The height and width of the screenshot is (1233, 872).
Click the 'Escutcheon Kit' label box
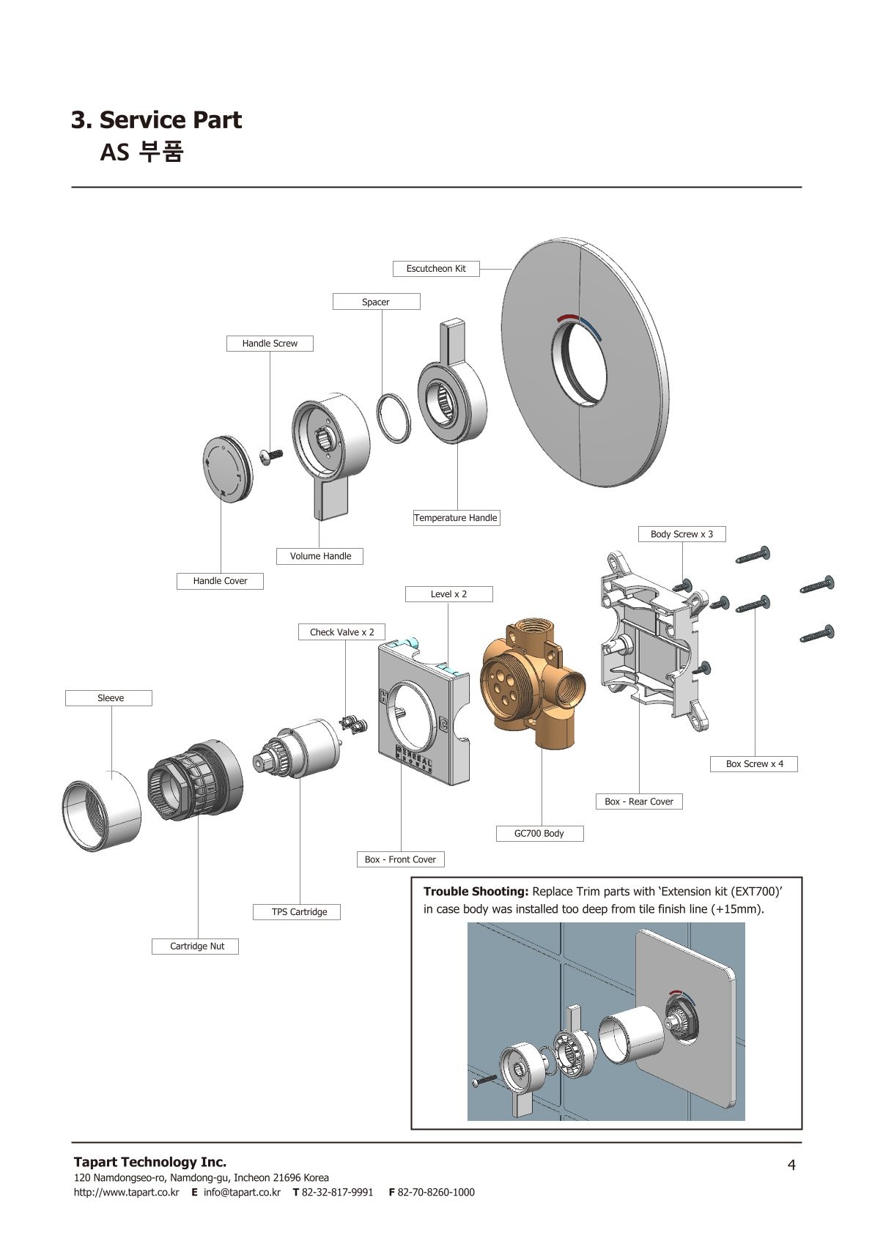[x=436, y=269]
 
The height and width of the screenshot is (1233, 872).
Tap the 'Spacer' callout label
[x=376, y=302]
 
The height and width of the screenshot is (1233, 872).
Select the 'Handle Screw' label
[x=270, y=344]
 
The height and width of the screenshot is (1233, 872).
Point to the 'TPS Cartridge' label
[x=299, y=912]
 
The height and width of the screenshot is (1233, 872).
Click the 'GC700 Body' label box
[x=539, y=834]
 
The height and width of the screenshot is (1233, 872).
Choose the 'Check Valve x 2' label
[x=341, y=632]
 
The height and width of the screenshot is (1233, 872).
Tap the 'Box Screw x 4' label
[x=754, y=764]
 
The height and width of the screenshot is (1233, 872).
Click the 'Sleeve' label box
[x=111, y=698]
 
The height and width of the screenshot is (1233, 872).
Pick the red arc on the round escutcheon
[x=566, y=318]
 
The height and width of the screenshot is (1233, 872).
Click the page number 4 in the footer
[x=791, y=1165]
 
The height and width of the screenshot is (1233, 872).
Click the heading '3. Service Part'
[x=156, y=119]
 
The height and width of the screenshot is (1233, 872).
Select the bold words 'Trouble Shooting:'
[x=476, y=892]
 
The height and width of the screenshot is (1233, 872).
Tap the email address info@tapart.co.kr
[x=242, y=1192]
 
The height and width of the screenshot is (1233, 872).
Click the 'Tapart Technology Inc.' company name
[x=150, y=1162]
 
